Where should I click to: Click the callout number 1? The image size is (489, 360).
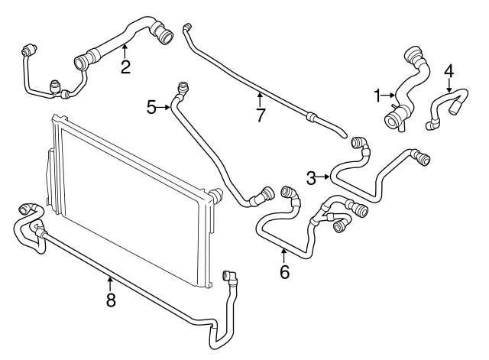pyautogui.click(x=377, y=95)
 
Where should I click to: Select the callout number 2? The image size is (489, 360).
pyautogui.click(x=125, y=66)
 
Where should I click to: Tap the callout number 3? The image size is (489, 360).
pyautogui.click(x=311, y=178)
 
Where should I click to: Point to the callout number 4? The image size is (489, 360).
pyautogui.click(x=449, y=71)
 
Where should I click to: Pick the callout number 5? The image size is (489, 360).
pyautogui.click(x=151, y=108)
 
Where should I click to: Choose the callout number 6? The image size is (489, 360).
pyautogui.click(x=284, y=271)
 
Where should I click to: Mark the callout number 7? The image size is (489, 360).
pyautogui.click(x=261, y=115)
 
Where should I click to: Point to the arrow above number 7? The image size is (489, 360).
pyautogui.click(x=261, y=98)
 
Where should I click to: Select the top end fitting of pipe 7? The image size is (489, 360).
pyautogui.click(x=186, y=28)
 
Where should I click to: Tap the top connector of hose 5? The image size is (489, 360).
pyautogui.click(x=181, y=87)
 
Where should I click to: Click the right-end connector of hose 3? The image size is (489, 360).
pyautogui.click(x=422, y=157)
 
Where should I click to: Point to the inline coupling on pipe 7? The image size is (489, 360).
pyautogui.click(x=311, y=117)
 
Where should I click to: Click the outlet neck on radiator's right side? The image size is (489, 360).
pyautogui.click(x=216, y=194)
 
